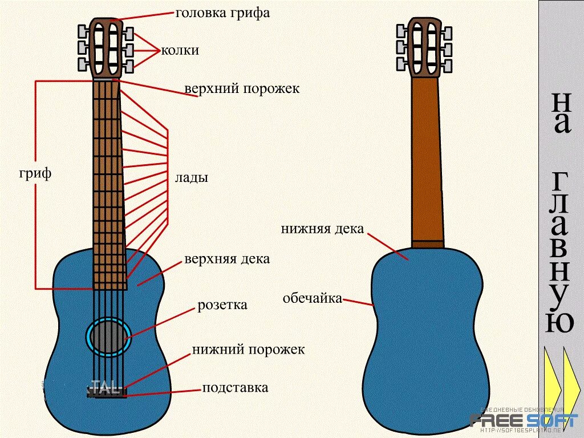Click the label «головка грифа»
click(222, 13)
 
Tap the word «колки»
click(180, 50)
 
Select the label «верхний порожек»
click(242, 89)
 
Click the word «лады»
click(191, 178)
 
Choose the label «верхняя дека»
click(227, 259)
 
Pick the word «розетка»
click(222, 305)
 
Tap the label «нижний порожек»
click(248, 349)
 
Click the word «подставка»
click(235, 388)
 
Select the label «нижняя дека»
click(322, 229)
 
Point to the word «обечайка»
click(312, 298)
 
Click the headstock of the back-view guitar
click(424, 48)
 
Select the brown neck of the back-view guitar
click(427, 160)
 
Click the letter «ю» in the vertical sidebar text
click(560, 323)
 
